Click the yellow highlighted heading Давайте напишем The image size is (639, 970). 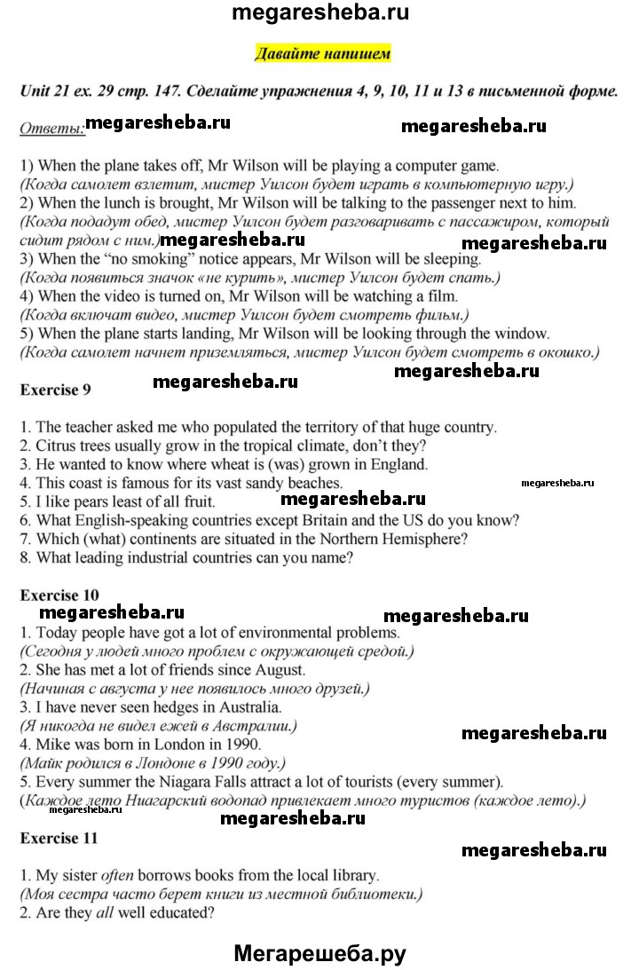(x=322, y=54)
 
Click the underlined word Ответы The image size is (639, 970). (x=51, y=130)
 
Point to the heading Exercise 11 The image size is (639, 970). (x=57, y=837)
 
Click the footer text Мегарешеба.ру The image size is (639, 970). (x=319, y=953)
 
